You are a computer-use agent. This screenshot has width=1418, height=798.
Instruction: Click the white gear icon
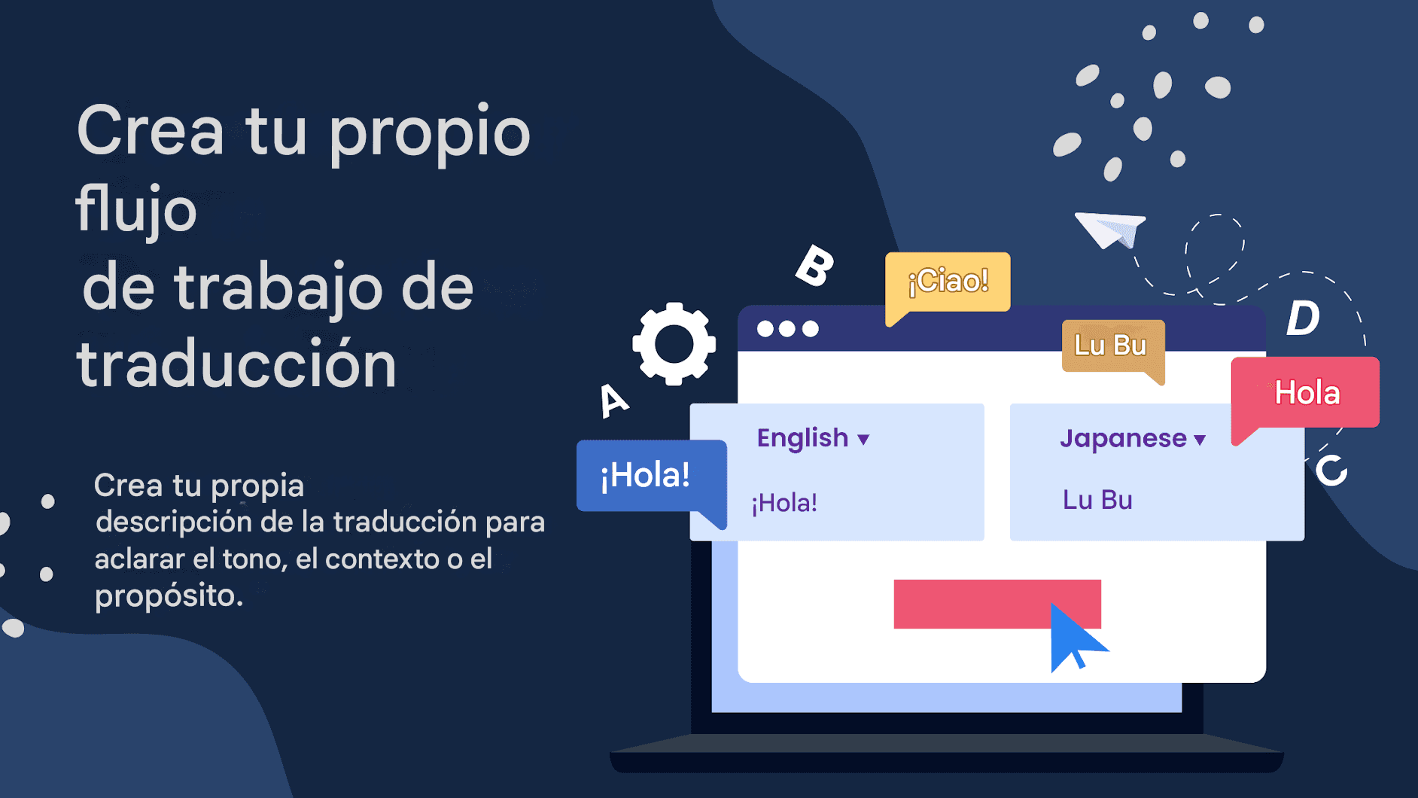(x=674, y=344)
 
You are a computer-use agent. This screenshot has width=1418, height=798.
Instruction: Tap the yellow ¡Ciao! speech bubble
(x=948, y=282)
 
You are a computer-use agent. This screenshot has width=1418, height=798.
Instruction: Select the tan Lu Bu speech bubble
(x=1111, y=346)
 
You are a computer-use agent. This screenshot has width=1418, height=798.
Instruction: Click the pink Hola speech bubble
(x=1306, y=393)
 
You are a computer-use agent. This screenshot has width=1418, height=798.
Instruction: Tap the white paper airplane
(x=1109, y=229)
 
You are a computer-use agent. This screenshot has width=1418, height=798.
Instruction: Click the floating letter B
(x=815, y=266)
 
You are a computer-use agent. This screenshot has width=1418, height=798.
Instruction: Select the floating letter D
(x=1303, y=318)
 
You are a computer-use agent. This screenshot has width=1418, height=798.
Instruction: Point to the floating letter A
(x=613, y=400)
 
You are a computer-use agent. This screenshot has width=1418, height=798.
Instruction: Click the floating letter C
(x=1331, y=471)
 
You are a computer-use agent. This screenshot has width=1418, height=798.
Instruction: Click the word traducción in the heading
(x=236, y=365)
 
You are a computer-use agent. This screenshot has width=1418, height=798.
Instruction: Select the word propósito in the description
(x=168, y=596)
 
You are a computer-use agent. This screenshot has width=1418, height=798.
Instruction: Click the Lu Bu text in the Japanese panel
(x=1097, y=500)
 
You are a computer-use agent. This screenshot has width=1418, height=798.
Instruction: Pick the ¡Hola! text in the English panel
(x=784, y=503)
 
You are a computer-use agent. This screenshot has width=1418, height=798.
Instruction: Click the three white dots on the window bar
(x=787, y=329)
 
